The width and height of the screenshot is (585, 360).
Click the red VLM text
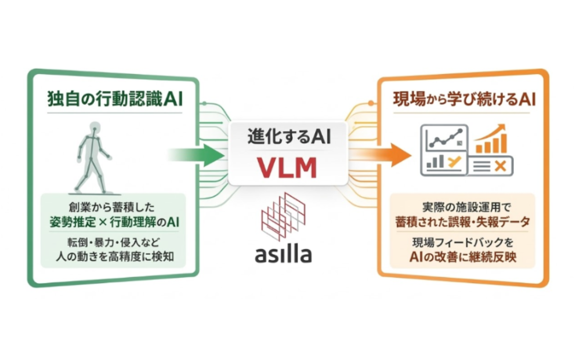point(288,167)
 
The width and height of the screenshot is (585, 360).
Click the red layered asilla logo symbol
point(283,215)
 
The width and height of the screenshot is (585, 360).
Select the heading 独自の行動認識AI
point(115,99)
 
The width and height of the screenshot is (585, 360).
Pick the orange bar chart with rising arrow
point(490,139)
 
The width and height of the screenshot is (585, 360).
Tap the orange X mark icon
point(499,166)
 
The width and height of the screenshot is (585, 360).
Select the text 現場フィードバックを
point(462,243)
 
